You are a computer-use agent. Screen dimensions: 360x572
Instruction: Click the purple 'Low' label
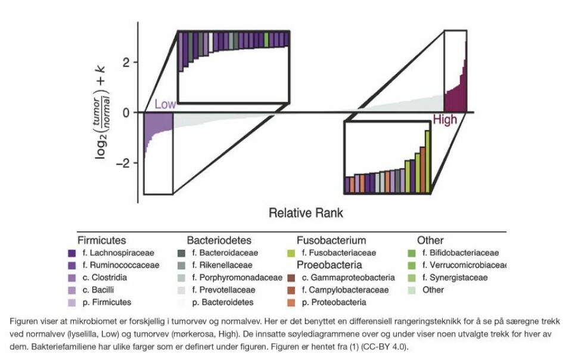point(165,104)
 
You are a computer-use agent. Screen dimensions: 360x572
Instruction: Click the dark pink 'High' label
point(444,120)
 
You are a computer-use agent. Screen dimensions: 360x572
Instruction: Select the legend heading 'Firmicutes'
point(101,241)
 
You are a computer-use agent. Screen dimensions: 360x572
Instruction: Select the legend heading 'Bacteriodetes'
point(219,241)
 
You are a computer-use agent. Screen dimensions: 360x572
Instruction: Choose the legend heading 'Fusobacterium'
point(331,241)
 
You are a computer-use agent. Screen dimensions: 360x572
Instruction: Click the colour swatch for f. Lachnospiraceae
point(72,253)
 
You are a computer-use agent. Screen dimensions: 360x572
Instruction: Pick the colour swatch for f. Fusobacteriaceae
point(291,253)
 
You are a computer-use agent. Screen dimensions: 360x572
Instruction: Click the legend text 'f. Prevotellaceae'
point(223,290)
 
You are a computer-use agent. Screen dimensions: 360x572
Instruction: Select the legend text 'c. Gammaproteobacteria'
point(349,278)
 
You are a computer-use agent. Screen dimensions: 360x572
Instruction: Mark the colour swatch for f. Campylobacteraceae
point(291,290)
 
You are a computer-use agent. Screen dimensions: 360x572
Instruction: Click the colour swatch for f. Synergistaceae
point(411,278)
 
